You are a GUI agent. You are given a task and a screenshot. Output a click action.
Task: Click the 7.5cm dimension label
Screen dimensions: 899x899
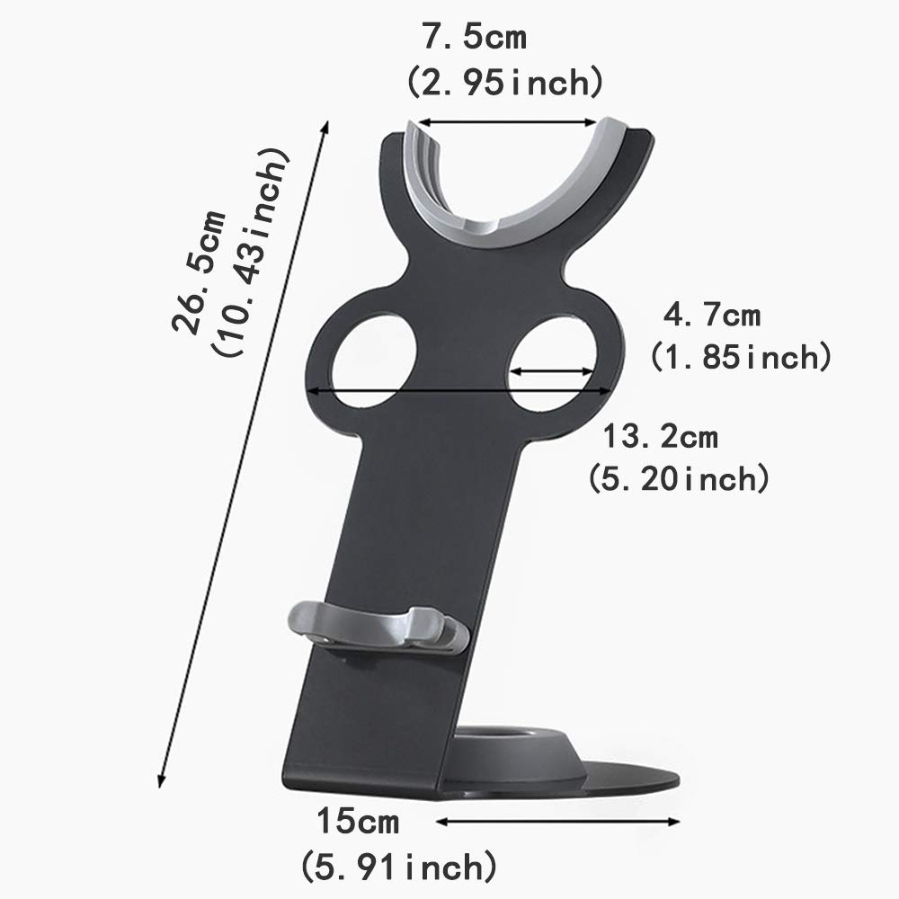click(x=474, y=40)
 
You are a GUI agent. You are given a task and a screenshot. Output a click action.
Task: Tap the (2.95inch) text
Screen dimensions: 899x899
click(x=503, y=84)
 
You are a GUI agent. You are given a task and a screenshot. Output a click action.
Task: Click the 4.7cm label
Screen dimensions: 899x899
click(x=711, y=316)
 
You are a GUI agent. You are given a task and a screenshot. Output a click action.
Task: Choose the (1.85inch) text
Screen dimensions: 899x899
click(x=739, y=358)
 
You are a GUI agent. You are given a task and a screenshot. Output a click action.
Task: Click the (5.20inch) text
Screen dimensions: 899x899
click(x=679, y=478)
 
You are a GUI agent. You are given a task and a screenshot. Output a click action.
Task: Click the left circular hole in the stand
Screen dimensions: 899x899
click(x=372, y=364)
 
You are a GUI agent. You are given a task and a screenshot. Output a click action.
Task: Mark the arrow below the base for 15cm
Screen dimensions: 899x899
click(x=557, y=820)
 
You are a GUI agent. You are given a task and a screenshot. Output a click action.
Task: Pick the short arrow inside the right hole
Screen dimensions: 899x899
click(x=552, y=369)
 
